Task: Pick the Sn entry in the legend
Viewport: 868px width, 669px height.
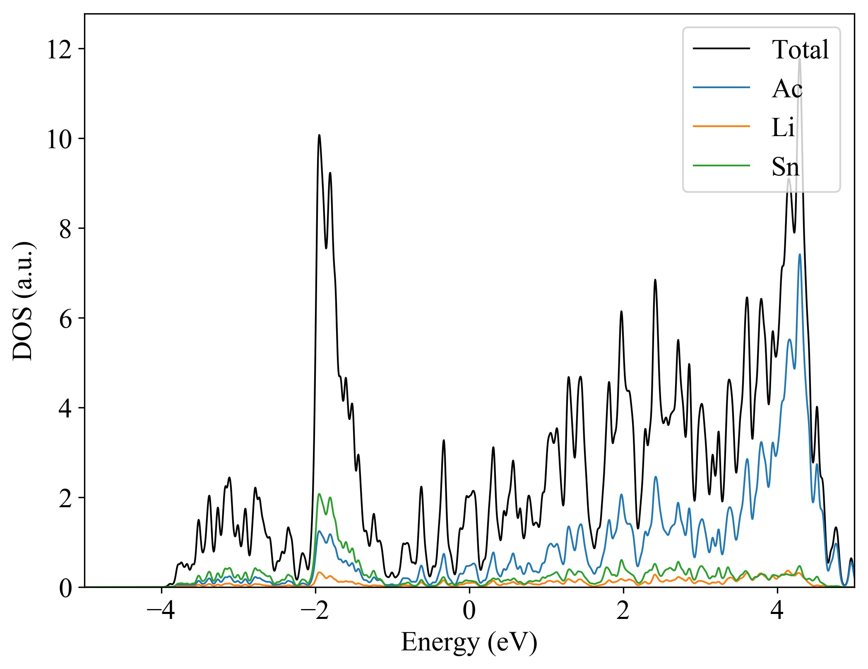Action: tap(785, 167)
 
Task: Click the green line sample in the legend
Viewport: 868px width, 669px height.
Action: tap(721, 165)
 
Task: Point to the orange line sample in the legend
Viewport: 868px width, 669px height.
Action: tap(721, 126)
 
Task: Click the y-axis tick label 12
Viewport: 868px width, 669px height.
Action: tap(59, 50)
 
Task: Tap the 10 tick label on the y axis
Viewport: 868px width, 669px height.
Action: tap(59, 139)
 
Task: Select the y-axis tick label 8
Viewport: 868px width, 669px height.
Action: tap(65, 229)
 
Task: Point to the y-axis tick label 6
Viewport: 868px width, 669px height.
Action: tap(65, 319)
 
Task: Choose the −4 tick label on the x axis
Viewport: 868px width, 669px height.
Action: tap(161, 611)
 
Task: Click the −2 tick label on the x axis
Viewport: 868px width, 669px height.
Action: tap(315, 611)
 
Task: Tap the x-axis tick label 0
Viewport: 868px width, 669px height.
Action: tap(469, 611)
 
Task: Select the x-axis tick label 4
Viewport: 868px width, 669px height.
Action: tap(777, 611)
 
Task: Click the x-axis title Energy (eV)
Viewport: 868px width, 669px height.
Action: tap(469, 643)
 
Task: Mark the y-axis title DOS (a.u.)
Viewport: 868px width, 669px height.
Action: tap(24, 301)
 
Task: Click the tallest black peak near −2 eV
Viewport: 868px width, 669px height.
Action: tap(319, 135)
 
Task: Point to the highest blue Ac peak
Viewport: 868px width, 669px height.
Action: tap(800, 255)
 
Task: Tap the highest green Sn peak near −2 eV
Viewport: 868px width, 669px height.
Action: tap(319, 494)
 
